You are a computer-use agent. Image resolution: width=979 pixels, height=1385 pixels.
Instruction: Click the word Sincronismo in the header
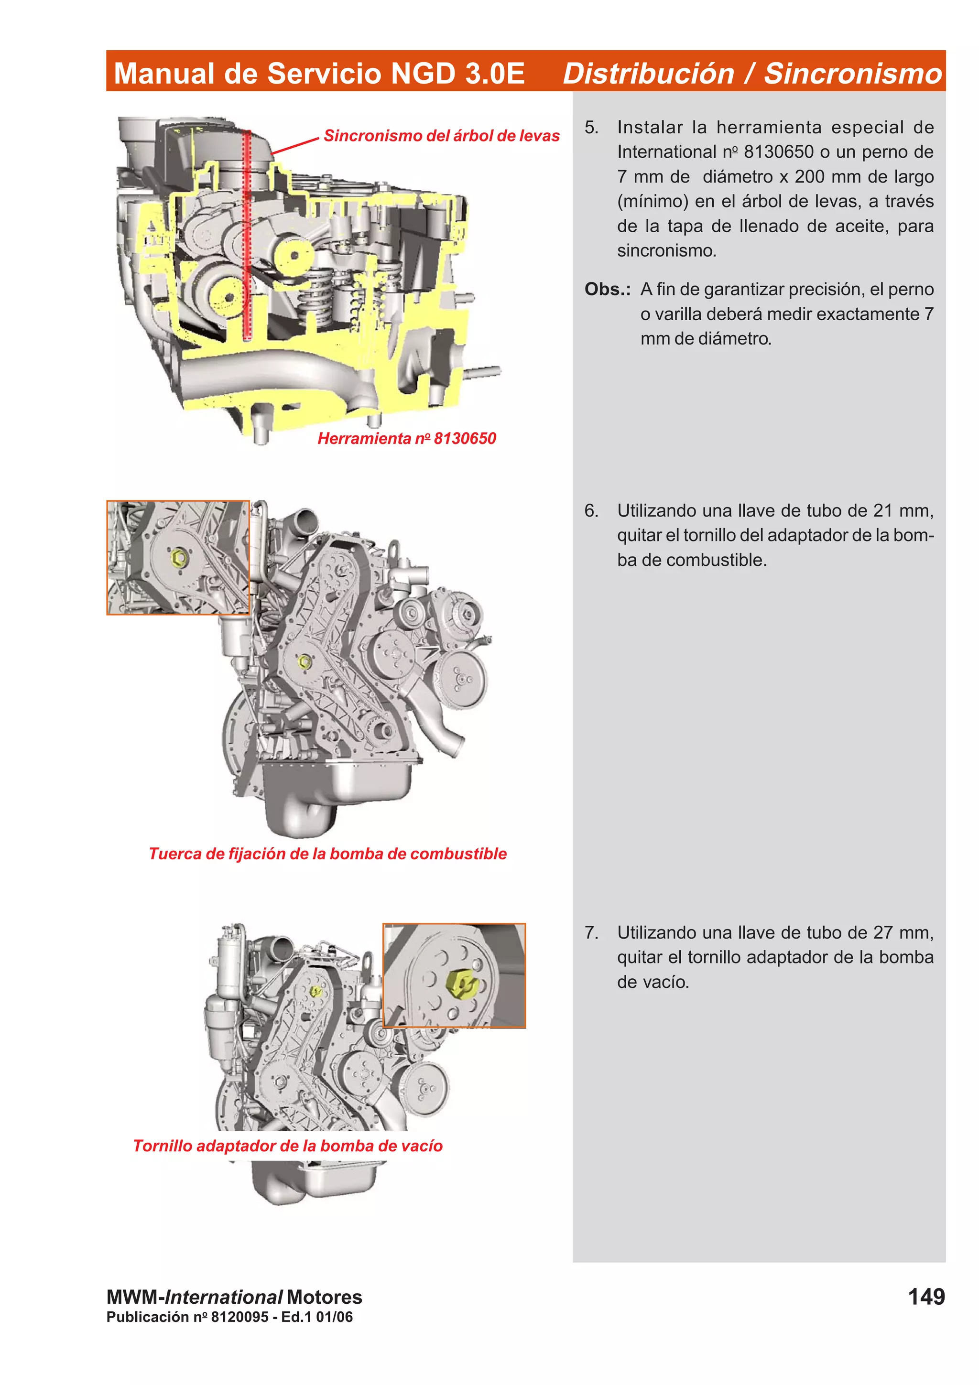click(852, 74)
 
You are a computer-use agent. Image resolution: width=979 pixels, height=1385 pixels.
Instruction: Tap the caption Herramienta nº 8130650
click(406, 439)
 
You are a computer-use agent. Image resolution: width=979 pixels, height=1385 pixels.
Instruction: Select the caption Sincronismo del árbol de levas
click(442, 136)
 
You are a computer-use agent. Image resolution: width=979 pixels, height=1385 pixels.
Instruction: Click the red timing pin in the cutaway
click(247, 235)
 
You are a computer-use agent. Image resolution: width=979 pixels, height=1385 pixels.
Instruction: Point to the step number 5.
click(591, 127)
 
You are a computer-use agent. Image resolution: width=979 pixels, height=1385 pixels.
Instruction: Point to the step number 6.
click(591, 511)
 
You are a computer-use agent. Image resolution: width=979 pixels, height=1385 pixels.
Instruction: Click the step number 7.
click(591, 932)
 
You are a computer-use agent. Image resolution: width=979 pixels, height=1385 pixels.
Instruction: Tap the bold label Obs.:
click(607, 290)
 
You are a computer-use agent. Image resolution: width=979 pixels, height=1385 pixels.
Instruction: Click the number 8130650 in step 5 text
click(778, 152)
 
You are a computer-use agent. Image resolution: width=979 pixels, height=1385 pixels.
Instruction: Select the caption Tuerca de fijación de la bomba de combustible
click(327, 854)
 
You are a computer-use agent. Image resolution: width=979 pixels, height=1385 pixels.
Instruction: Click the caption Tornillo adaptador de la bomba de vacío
click(288, 1146)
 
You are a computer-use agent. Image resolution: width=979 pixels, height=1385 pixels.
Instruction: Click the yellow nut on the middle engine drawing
click(305, 662)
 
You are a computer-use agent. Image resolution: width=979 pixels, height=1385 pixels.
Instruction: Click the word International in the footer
click(223, 1297)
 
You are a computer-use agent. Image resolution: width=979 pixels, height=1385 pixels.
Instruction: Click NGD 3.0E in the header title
click(458, 74)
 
